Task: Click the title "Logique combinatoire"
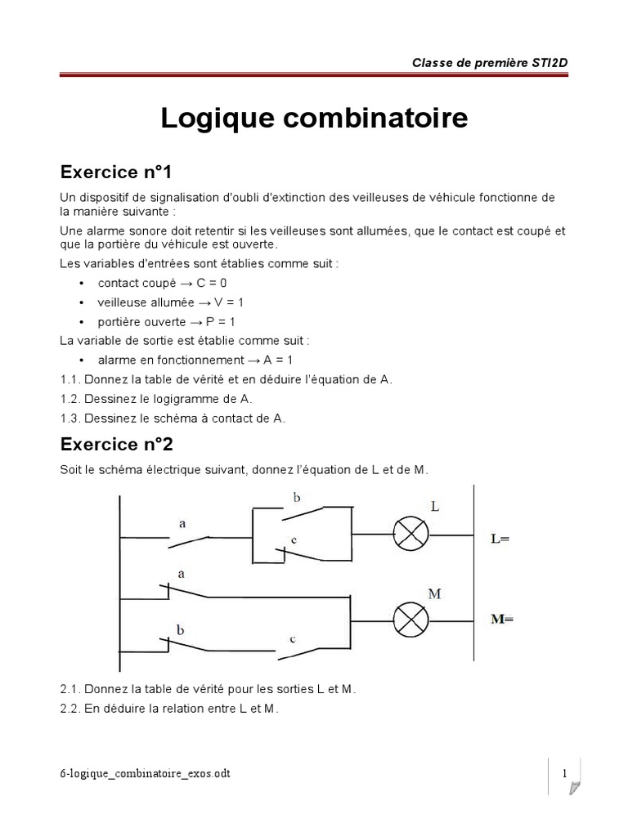314,118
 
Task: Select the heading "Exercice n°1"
115,172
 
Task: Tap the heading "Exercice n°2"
115,445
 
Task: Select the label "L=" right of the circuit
500,539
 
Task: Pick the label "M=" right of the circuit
501,619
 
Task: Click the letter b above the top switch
296,496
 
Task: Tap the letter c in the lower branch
291,638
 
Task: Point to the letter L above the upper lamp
434,507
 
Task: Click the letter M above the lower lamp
434,593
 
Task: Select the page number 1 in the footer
564,773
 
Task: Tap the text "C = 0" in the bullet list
212,283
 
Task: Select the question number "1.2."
70,399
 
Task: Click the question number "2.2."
70,709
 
